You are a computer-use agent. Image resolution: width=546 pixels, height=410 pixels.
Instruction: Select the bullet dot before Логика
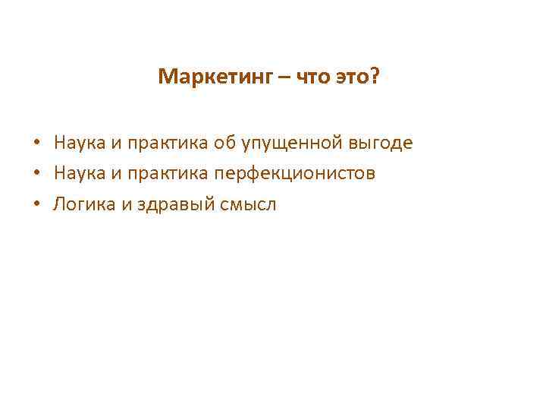pyautogui.click(x=36, y=204)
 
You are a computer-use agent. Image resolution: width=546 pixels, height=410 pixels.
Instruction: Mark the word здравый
pyautogui.click(x=172, y=205)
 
